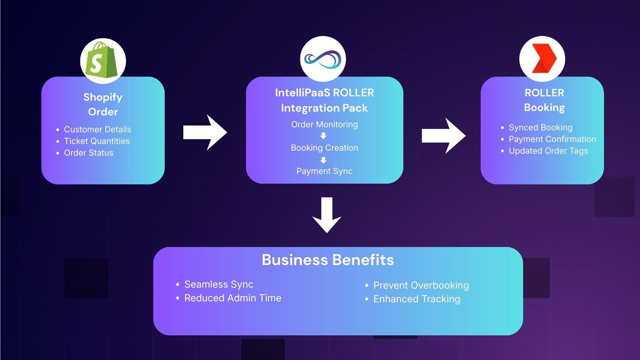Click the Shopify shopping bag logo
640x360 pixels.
click(x=102, y=61)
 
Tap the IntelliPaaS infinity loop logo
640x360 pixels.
click(x=323, y=59)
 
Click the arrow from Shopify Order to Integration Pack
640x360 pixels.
click(x=205, y=132)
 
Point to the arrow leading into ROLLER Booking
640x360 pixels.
click(x=443, y=136)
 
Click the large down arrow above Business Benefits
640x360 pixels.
click(x=327, y=215)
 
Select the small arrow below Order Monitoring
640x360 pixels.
click(x=323, y=136)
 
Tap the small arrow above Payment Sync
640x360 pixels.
click(x=323, y=160)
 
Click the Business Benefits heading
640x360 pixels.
click(x=328, y=260)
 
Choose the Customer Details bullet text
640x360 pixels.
click(x=97, y=129)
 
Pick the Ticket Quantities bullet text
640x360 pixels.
click(x=97, y=141)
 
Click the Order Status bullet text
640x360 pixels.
click(x=89, y=153)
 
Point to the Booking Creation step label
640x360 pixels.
click(x=324, y=148)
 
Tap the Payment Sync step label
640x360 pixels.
click(x=324, y=171)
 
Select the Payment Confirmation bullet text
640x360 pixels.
click(x=552, y=139)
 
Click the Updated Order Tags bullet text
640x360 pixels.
click(x=548, y=151)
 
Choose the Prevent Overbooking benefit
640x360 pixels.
click(x=421, y=285)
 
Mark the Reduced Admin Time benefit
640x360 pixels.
click(x=233, y=298)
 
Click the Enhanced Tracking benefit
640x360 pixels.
click(x=417, y=299)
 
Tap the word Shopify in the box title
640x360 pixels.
click(x=103, y=97)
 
